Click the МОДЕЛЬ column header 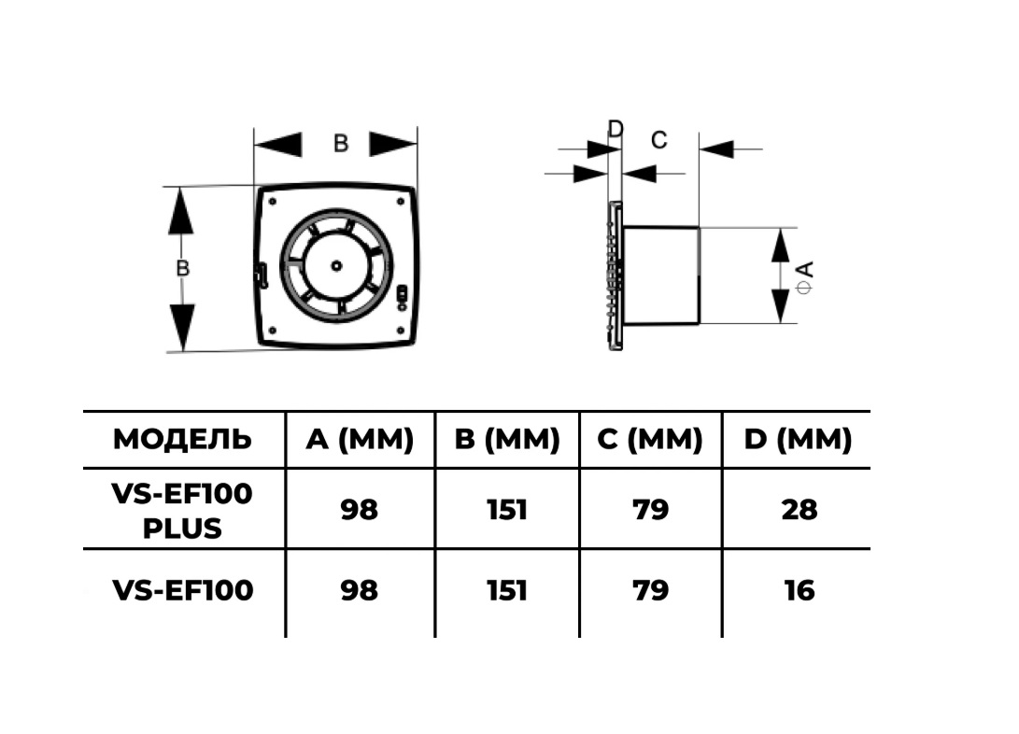click(x=182, y=439)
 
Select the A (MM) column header click(x=360, y=439)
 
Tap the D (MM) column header click(x=798, y=439)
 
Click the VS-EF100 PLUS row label click(x=182, y=511)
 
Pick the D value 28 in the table click(x=799, y=510)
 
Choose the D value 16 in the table click(x=799, y=590)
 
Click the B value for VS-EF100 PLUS click(x=507, y=510)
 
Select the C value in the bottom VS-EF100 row click(x=650, y=590)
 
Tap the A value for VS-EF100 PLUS click(x=360, y=510)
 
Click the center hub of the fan click(x=336, y=265)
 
